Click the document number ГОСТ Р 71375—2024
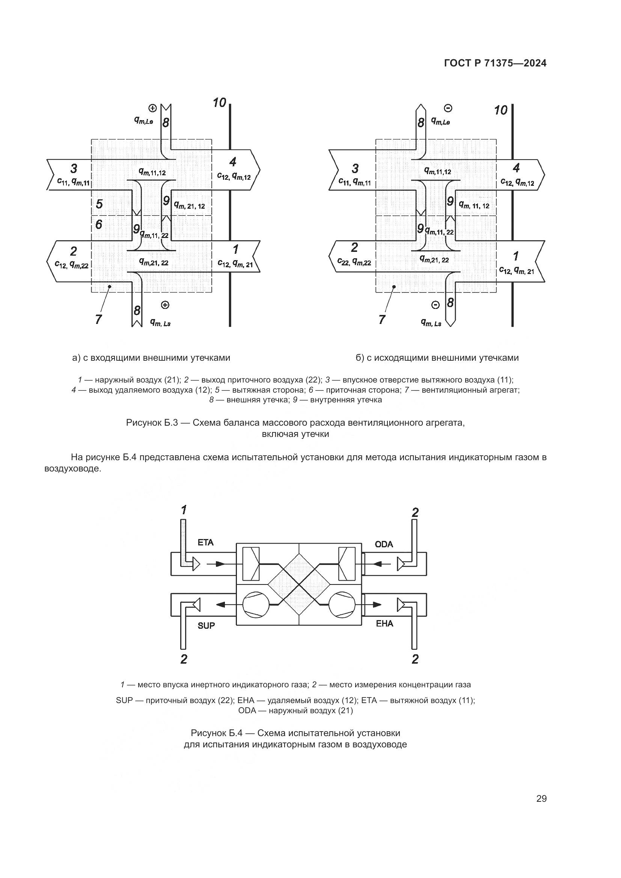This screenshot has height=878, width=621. [x=495, y=63]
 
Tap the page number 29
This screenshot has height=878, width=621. [x=541, y=799]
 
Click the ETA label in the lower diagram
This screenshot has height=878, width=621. [x=205, y=542]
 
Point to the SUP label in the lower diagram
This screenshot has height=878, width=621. [x=206, y=626]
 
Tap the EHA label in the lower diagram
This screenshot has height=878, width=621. [x=384, y=623]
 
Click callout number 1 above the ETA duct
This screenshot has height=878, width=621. [x=184, y=510]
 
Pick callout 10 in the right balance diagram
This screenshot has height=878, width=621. [x=500, y=110]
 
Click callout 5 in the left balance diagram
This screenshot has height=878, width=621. [x=99, y=204]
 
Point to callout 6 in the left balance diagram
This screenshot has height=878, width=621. [x=99, y=224]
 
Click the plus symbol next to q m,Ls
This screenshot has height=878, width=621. [x=165, y=305]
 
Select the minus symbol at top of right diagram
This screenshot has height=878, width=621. [x=448, y=108]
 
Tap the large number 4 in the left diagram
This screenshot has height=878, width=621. [x=233, y=162]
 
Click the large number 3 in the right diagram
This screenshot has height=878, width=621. [x=355, y=168]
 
